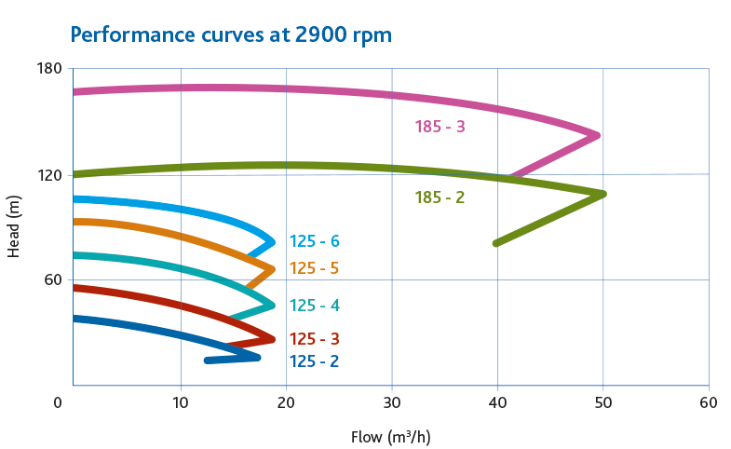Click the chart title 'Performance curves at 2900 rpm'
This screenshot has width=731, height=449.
pyautogui.click(x=231, y=35)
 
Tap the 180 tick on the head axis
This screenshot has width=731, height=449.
pyautogui.click(x=49, y=69)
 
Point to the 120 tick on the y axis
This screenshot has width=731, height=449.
pyautogui.click(x=49, y=174)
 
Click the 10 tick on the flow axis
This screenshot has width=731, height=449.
pyautogui.click(x=180, y=402)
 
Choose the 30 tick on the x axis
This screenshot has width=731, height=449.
pyautogui.click(x=392, y=402)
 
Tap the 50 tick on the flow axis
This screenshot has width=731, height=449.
pyautogui.click(x=602, y=402)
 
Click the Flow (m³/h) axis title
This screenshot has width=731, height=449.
pyautogui.click(x=390, y=436)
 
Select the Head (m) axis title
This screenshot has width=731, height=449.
pyautogui.click(x=14, y=227)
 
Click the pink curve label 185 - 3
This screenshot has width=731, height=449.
pyautogui.click(x=440, y=127)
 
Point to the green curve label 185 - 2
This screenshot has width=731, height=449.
pyautogui.click(x=440, y=197)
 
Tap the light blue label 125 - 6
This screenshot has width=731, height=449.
pyautogui.click(x=314, y=242)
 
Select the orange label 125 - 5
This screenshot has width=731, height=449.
pyautogui.click(x=314, y=269)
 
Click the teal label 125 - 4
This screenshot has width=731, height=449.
pyautogui.click(x=314, y=306)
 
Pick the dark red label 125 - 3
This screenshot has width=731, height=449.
pyautogui.click(x=314, y=339)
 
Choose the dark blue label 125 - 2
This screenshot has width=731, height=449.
pyautogui.click(x=314, y=361)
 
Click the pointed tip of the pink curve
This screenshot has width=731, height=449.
pyautogui.click(x=596, y=135)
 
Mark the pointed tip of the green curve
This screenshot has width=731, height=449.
pyautogui.click(x=602, y=194)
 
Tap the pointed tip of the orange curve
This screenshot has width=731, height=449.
pyautogui.click(x=272, y=269)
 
